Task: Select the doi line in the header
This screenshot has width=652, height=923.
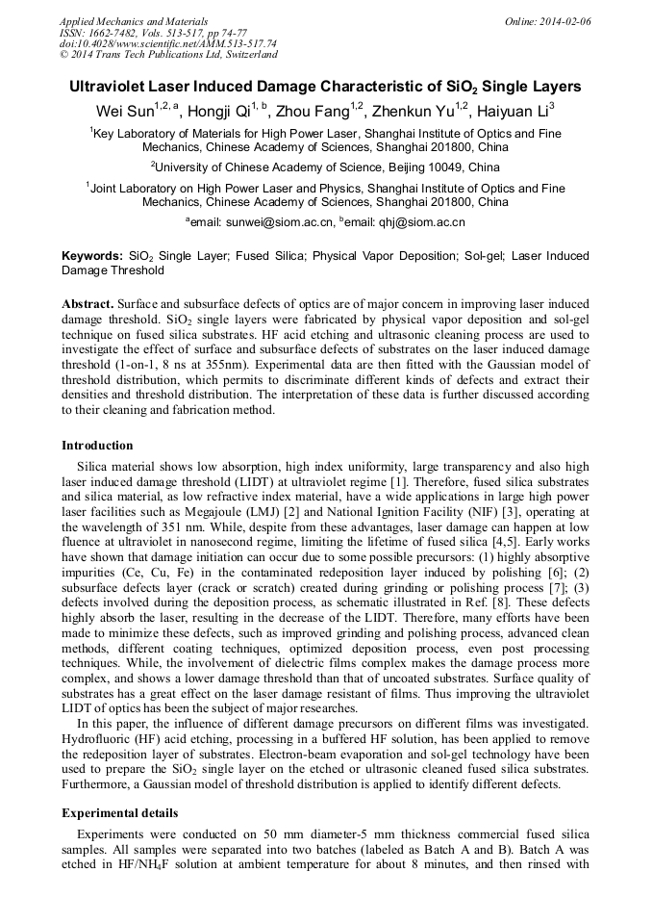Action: pos(168,44)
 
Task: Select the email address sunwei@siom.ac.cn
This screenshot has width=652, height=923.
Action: pos(279,222)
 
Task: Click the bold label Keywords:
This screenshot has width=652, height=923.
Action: pos(92,257)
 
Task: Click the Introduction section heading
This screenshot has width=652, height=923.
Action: pos(97,446)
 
